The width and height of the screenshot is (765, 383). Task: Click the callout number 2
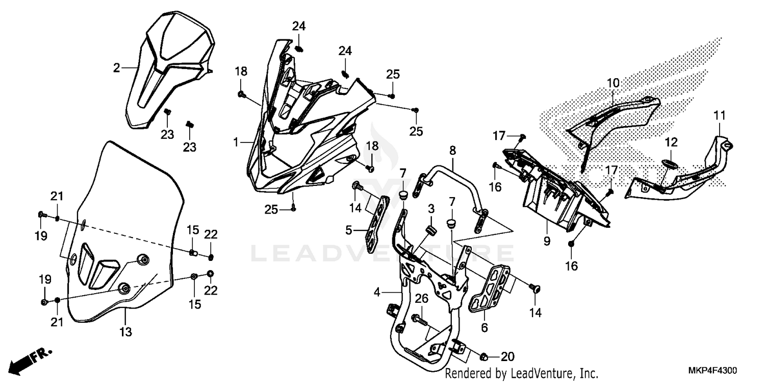click(x=116, y=68)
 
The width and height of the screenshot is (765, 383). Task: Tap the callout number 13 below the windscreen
click(x=125, y=332)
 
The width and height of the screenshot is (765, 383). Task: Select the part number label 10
click(x=613, y=82)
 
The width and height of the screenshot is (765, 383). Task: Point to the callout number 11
click(x=719, y=116)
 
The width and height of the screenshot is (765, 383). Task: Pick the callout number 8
click(x=452, y=150)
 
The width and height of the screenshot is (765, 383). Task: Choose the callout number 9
click(x=547, y=241)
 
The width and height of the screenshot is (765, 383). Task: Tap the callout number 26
click(x=421, y=298)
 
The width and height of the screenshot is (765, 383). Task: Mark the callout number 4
click(x=377, y=293)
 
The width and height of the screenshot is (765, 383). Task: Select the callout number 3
click(x=431, y=209)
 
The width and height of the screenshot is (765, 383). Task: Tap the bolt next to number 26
click(x=419, y=319)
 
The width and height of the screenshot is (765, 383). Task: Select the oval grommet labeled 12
click(x=669, y=163)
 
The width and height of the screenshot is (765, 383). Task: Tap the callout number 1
click(x=236, y=142)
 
